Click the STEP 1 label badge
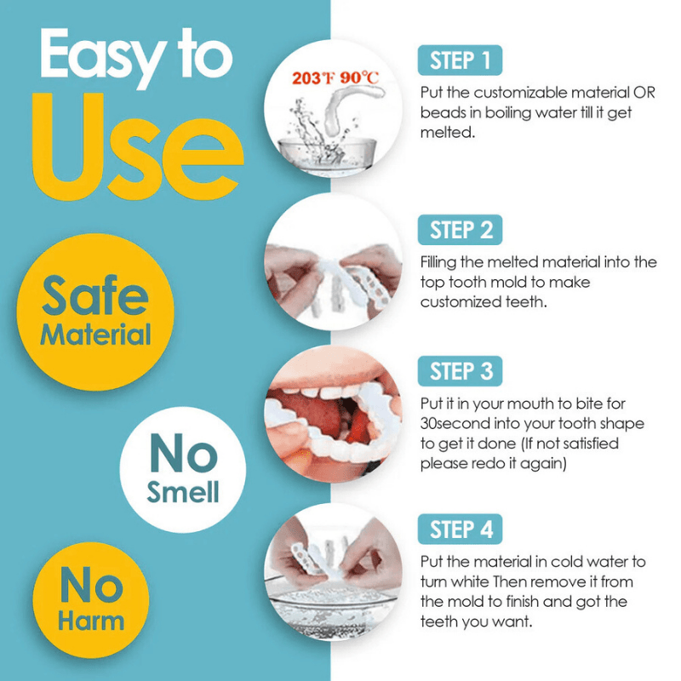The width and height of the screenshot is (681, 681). tap(460, 60)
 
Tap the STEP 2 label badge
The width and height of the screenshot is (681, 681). tap(460, 230)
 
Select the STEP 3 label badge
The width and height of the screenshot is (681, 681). tap(460, 371)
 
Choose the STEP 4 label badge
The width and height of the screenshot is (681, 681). tap(460, 529)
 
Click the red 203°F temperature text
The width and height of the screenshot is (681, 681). tap(313, 78)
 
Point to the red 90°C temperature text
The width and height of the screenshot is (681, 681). tap(359, 78)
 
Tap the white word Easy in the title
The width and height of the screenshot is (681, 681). tap(102, 54)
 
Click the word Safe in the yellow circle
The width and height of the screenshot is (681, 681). tap(95, 295)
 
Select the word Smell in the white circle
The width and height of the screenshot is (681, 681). tap(183, 492)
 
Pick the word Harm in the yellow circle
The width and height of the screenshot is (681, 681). tap(91, 621)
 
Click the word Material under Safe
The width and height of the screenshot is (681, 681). tap(95, 335)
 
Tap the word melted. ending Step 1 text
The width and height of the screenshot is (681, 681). tap(448, 133)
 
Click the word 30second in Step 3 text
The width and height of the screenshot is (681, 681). tap(455, 423)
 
